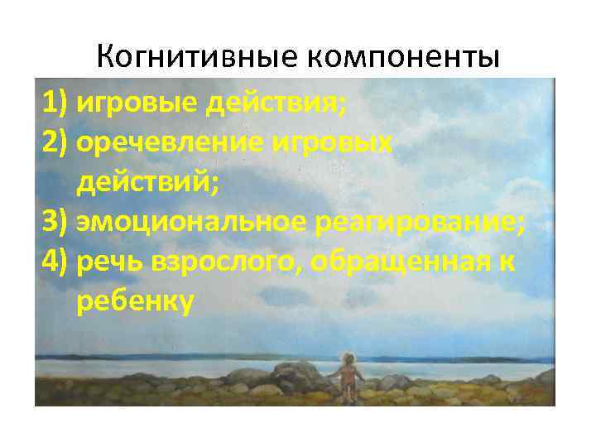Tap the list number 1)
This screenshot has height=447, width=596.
pyautogui.click(x=55, y=103)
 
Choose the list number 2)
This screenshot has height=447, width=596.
pyautogui.click(x=55, y=143)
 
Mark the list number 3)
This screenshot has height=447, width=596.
pyautogui.click(x=55, y=223)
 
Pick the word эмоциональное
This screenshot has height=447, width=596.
pyautogui.click(x=195, y=223)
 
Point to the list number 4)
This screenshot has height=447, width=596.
pyautogui.click(x=55, y=262)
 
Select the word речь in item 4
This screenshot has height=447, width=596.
pyautogui.click(x=109, y=262)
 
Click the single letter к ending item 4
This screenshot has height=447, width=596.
pyautogui.click(x=506, y=262)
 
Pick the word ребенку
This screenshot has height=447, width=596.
pyautogui.click(x=135, y=302)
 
